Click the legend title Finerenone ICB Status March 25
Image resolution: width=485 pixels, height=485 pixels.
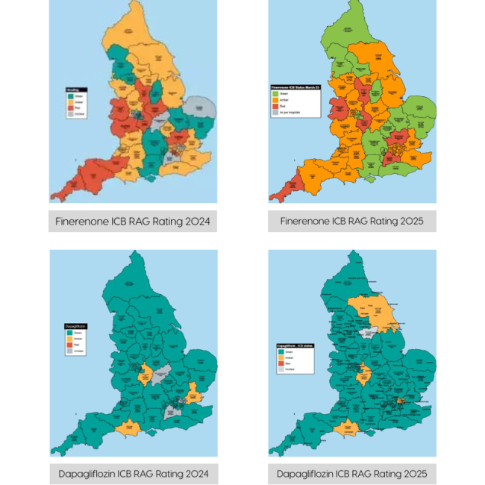click(x=295, y=88)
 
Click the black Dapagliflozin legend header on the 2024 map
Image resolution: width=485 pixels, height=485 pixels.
click(x=75, y=326)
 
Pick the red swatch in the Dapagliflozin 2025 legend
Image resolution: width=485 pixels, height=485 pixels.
click(x=281, y=363)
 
